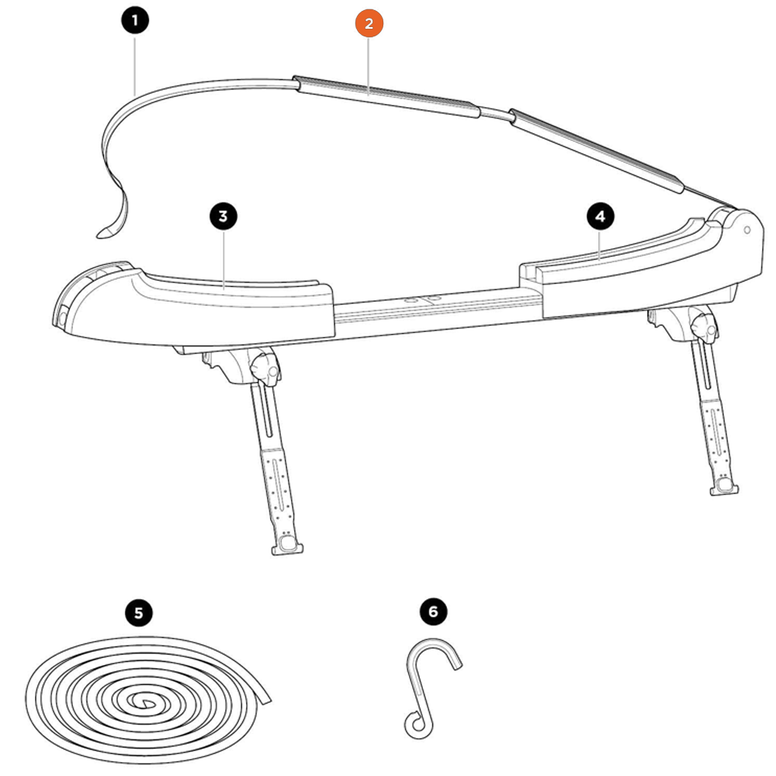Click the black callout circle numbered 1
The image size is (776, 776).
pos(134,21)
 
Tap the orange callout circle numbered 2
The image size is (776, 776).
pos(369,23)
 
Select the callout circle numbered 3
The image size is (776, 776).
pos(223,217)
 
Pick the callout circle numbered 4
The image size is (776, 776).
pos(601,217)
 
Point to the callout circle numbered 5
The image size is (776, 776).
pos(139,613)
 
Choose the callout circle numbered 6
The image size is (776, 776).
pos(433,611)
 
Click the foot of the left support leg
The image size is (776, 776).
pos(287,545)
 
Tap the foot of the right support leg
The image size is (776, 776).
pos(724,487)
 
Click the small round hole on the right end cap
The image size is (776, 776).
pos(747,230)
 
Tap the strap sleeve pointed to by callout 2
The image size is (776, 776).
pos(386,96)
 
